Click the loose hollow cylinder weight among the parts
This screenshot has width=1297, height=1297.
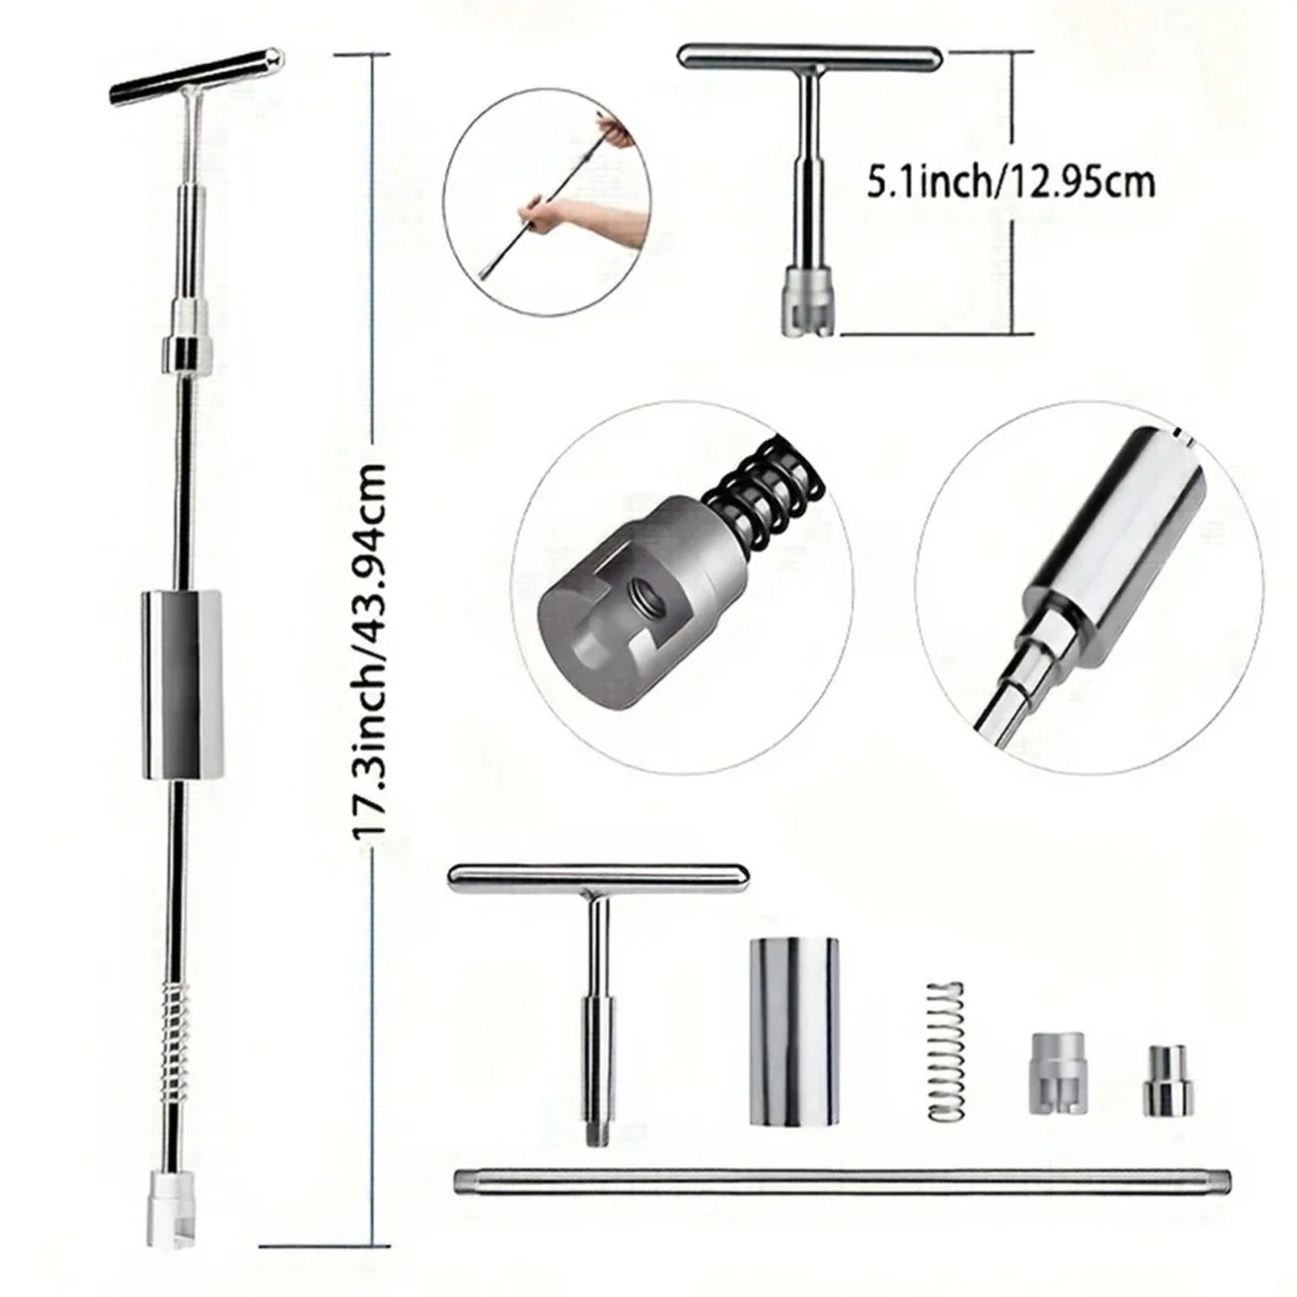793,991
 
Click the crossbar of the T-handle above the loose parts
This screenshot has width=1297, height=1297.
599,877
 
